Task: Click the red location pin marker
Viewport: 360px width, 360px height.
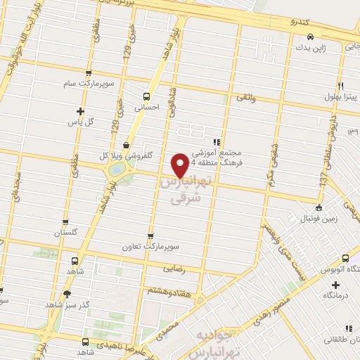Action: pyautogui.click(x=181, y=165)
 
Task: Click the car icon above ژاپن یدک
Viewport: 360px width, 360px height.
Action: pyautogui.click(x=309, y=37)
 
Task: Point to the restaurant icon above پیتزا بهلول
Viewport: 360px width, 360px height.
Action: pyautogui.click(x=340, y=84)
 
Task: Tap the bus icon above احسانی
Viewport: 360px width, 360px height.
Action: pyautogui.click(x=146, y=96)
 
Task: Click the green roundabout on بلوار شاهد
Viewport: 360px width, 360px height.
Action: pyautogui.click(x=116, y=170)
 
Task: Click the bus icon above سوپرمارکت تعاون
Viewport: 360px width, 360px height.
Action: pyautogui.click(x=150, y=238)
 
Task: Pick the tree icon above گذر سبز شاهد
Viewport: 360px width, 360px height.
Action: pyautogui.click(x=67, y=295)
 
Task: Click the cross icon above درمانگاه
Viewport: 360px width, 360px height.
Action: pyautogui.click(x=335, y=285)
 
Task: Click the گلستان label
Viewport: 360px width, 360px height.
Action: pyautogui.click(x=76, y=233)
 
